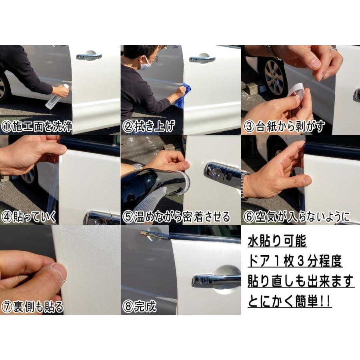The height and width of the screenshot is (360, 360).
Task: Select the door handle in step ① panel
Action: (x=89, y=56)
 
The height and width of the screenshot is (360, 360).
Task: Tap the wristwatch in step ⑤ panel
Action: (x=138, y=167)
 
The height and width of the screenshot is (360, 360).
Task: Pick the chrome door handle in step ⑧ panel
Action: (x=216, y=280)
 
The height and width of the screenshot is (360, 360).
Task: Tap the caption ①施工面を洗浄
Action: (x=37, y=126)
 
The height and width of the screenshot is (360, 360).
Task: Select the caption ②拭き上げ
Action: (x=148, y=126)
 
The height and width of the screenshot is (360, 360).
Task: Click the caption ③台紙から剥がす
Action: (x=284, y=126)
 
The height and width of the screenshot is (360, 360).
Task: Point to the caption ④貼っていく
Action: (x=29, y=217)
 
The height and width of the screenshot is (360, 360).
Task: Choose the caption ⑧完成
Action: (x=139, y=306)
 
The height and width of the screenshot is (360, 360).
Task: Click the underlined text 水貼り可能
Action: (x=277, y=242)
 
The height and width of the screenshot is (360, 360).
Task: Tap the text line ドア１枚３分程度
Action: (x=295, y=261)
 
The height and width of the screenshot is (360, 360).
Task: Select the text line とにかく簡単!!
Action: (x=290, y=301)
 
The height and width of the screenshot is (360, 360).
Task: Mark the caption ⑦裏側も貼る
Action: (x=32, y=306)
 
